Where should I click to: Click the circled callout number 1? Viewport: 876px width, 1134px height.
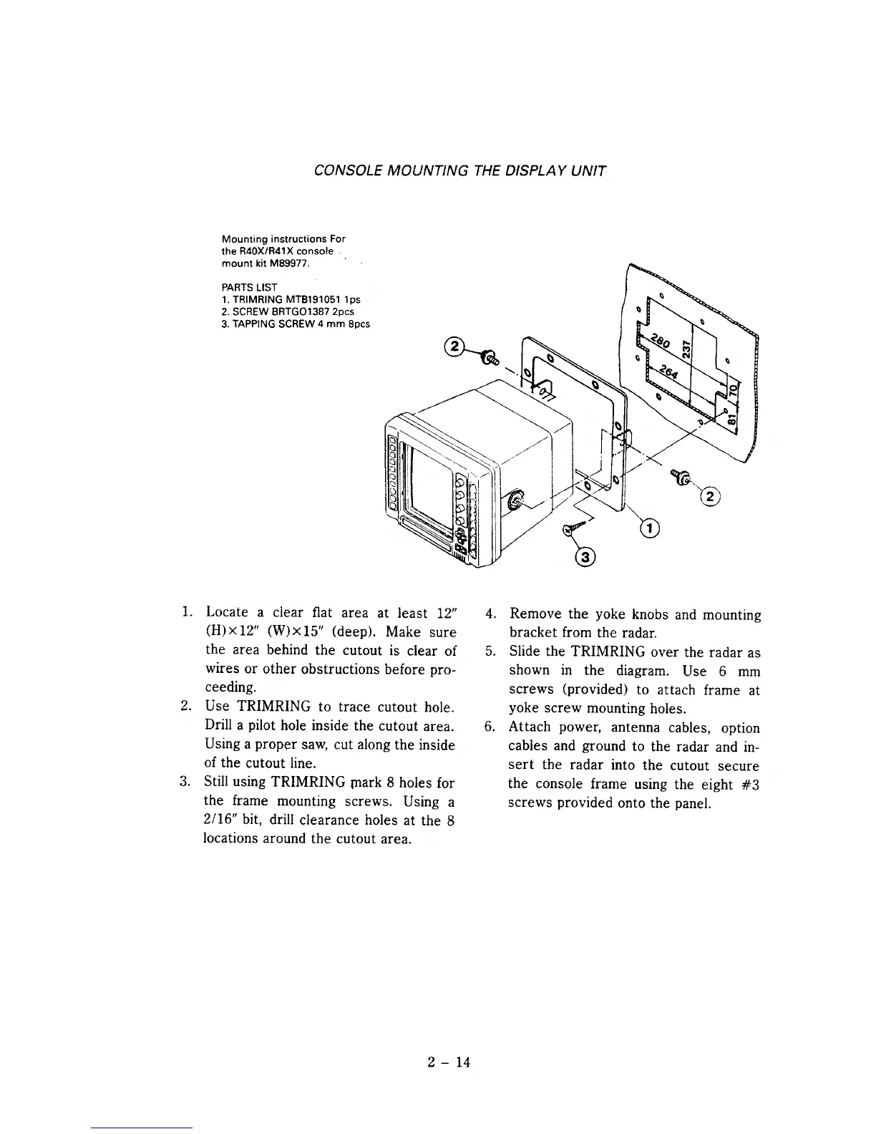tap(649, 528)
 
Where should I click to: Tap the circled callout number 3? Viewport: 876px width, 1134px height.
tap(585, 558)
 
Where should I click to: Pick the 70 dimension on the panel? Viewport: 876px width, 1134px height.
tap(731, 391)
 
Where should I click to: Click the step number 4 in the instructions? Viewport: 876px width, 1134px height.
tap(490, 614)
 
